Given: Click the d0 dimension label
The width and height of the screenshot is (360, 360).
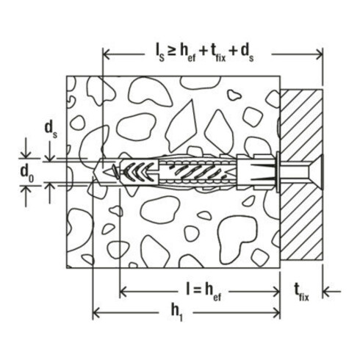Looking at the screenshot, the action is point(27,173).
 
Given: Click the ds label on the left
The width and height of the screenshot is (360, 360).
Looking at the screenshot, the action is point(51,130).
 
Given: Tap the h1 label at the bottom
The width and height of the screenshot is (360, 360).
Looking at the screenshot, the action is point(177,313).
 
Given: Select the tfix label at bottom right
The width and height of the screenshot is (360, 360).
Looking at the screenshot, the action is point(301,292).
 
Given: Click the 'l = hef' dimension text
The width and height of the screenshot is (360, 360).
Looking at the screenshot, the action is point(204,292).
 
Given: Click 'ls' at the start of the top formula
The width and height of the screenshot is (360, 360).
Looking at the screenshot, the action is point(159,54).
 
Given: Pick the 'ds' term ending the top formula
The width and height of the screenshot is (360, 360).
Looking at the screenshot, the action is point(248,54).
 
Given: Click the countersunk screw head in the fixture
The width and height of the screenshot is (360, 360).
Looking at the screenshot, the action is point(315,172).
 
